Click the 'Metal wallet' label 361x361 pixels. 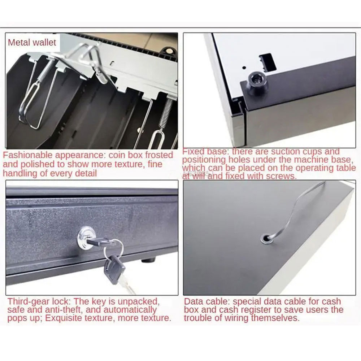click(32, 43)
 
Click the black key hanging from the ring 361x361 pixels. click(114, 268)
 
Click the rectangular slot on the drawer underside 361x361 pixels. click(268, 62)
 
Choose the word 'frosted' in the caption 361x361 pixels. click(158, 155)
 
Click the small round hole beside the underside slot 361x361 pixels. click(244, 68)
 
